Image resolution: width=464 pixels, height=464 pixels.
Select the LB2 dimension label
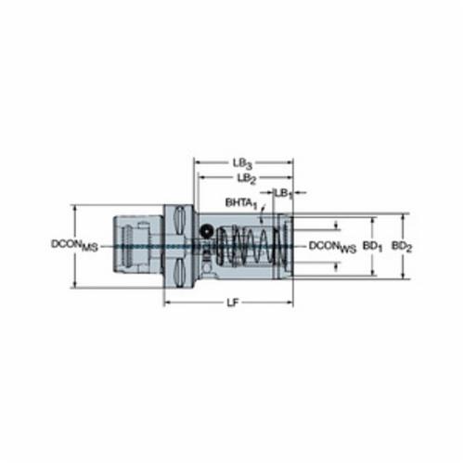tap(247, 179)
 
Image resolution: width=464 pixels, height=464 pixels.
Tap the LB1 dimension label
tap(283, 194)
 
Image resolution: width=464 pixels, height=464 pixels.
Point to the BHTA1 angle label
tap(241, 203)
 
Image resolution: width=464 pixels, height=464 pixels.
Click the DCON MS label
tap(74, 245)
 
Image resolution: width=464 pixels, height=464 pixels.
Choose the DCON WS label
tap(332, 247)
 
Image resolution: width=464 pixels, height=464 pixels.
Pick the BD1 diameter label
tap(372, 247)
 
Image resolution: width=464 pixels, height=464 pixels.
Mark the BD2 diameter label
tap(402, 247)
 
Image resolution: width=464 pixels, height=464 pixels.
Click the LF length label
tap(233, 303)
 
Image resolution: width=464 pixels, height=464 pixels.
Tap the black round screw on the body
tap(206, 231)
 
